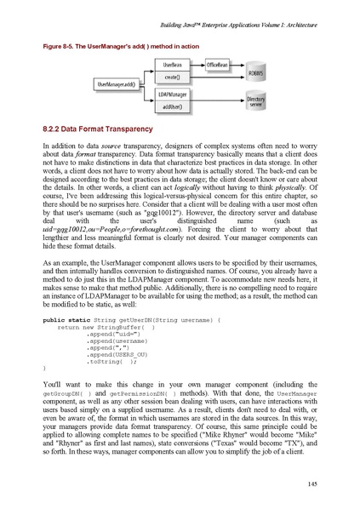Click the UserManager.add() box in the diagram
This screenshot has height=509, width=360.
[120, 84]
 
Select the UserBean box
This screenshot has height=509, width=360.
[176, 65]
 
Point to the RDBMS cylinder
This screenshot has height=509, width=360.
[255, 73]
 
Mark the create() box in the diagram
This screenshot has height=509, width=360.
[176, 77]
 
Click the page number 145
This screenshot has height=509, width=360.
[312, 484]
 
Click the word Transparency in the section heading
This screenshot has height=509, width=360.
[153, 129]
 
